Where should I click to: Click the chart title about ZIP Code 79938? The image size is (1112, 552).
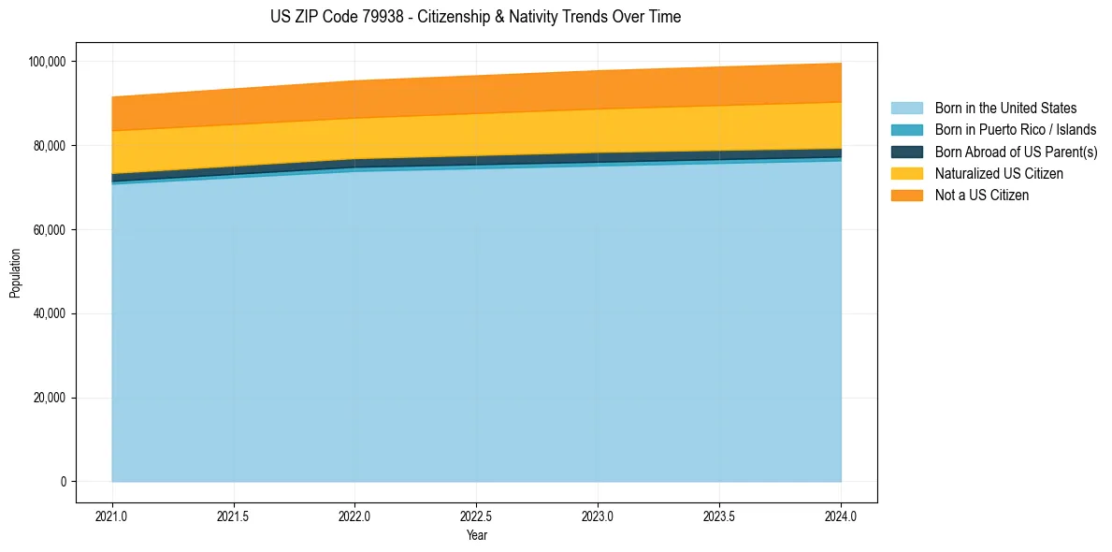click(475, 17)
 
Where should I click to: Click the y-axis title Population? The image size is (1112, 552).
click(15, 272)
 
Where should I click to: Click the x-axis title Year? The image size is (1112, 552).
click(476, 536)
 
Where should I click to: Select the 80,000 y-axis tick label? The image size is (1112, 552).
click(48, 146)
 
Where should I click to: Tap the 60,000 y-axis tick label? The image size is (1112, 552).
click(48, 230)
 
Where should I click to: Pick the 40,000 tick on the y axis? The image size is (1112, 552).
click(48, 313)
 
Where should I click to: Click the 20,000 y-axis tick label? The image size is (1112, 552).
click(48, 398)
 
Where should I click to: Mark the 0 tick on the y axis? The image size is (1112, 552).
click(63, 482)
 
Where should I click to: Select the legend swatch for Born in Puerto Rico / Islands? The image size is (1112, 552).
click(906, 130)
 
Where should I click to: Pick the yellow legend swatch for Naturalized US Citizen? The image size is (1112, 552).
click(906, 174)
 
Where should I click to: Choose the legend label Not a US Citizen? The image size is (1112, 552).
click(981, 196)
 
